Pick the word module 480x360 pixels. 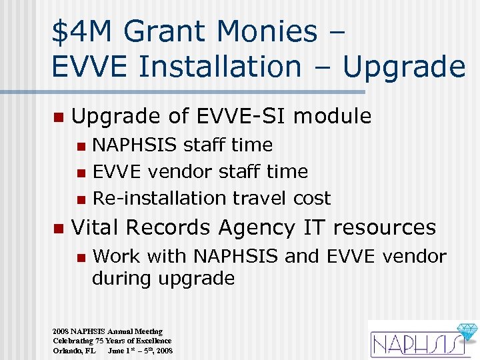pos(332,116)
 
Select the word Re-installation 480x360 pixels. pos(159,198)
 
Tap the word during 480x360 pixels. pos(121,278)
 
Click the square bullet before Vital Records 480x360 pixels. pos(58,229)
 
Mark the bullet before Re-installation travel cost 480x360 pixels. pos(81,199)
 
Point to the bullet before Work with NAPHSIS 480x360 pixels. pos(81,257)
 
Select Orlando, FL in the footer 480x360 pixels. pos(74,350)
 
